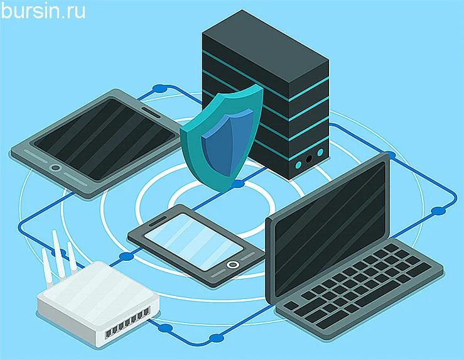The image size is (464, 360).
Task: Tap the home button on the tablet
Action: coord(55,168)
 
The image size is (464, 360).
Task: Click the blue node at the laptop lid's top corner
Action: coord(389,155)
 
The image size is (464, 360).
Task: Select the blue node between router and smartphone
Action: coord(126,256)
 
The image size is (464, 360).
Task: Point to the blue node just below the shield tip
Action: coord(237,184)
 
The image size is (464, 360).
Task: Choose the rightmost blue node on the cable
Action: coord(438,210)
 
